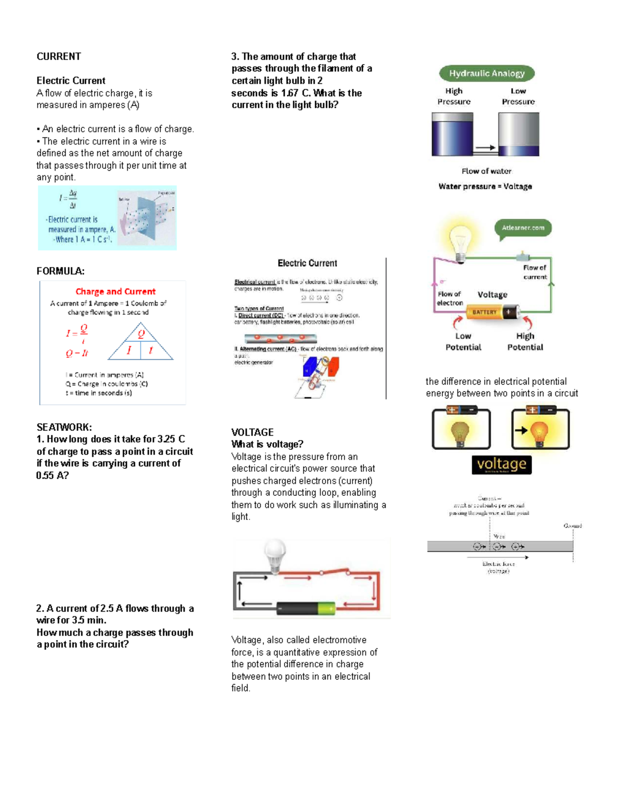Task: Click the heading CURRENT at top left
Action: tap(58, 56)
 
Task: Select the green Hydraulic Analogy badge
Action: tap(486, 73)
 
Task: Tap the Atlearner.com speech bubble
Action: tap(523, 228)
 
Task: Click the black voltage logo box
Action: tap(501, 464)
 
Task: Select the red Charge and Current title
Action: tap(115, 292)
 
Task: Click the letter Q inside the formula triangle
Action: tap(141, 334)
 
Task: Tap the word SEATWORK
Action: tap(64, 427)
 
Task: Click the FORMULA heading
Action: tap(61, 271)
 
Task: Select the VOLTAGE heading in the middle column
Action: tap(252, 432)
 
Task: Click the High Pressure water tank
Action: tap(452, 134)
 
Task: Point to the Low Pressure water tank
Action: tap(519, 134)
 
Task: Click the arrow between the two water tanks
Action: tap(485, 148)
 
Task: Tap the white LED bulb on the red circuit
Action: tap(275, 554)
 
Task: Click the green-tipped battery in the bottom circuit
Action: tap(305, 609)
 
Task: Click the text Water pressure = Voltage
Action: tap(485, 186)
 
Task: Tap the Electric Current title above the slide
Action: tap(307, 263)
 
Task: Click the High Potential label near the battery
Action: tap(525, 342)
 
